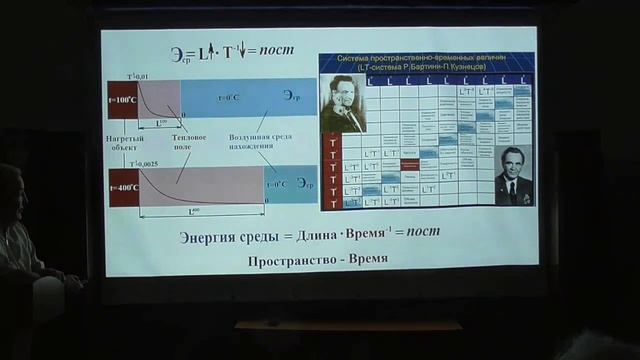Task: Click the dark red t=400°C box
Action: point(123,186)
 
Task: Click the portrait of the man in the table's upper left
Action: point(342,104)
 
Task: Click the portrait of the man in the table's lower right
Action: point(514,174)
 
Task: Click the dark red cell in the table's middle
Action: point(410,164)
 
